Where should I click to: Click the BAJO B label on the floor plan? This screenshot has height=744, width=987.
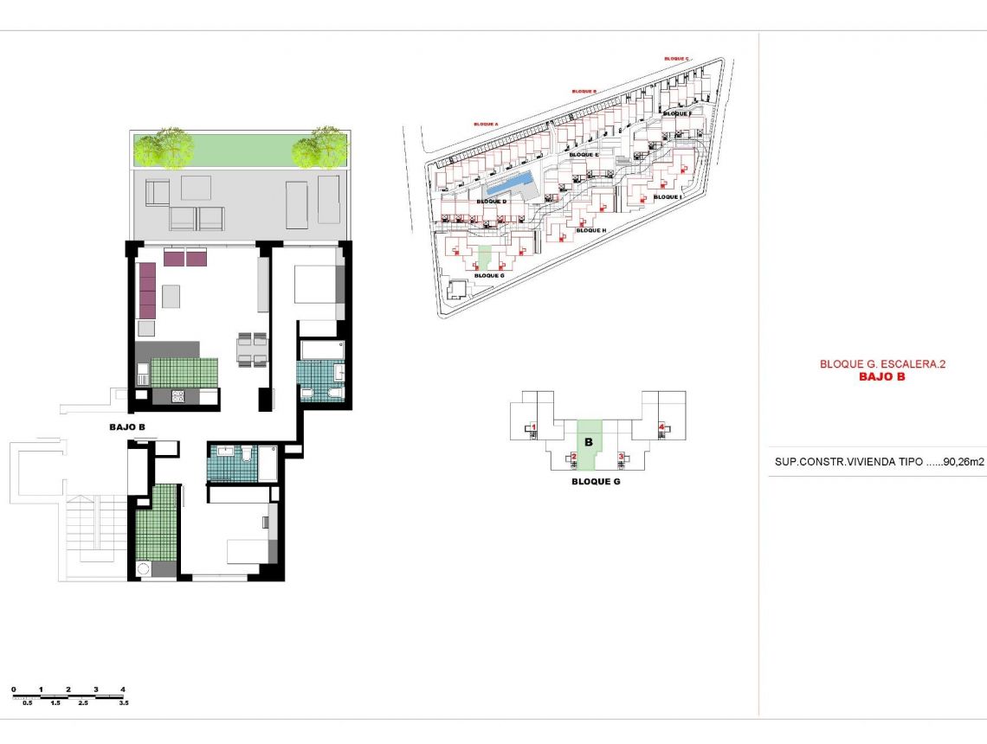[x=127, y=427]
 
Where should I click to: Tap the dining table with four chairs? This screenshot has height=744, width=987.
[x=252, y=350]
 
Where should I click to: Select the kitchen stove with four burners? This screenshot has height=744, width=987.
[x=179, y=396]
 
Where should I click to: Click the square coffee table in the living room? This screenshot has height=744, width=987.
[x=171, y=297]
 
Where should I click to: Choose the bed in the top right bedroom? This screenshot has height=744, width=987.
[x=314, y=284]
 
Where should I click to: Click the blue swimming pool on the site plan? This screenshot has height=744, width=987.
[x=509, y=183]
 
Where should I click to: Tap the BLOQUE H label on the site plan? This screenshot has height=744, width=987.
[x=590, y=231]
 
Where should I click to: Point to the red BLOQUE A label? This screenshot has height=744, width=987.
[x=486, y=124]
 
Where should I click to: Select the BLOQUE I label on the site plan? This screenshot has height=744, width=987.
[x=668, y=197]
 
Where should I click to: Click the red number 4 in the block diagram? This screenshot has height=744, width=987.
[x=661, y=427]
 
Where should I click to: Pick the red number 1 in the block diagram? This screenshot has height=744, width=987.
[x=534, y=427]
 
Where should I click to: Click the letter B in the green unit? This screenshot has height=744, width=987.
[x=588, y=442]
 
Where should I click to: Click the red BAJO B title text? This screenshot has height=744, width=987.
[x=881, y=376]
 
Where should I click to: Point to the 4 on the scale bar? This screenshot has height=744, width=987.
[x=124, y=689]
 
